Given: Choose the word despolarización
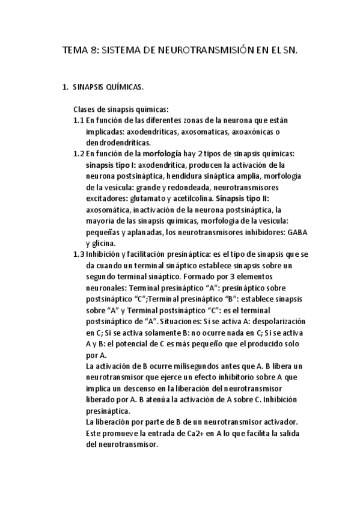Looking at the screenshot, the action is click(277, 321).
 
